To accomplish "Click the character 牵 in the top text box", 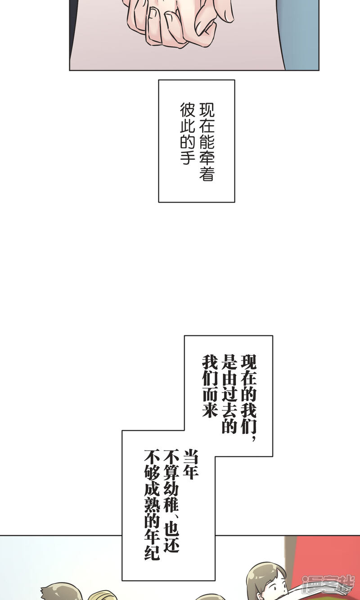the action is click(x=207, y=158).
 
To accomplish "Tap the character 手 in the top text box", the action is click(x=188, y=157).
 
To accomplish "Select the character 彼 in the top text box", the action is click(x=188, y=109).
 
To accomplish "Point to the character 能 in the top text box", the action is click(x=207, y=142).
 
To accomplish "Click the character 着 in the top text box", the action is click(x=207, y=174).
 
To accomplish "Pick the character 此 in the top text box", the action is click(x=188, y=126).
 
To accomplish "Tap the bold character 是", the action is click(x=229, y=361).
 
